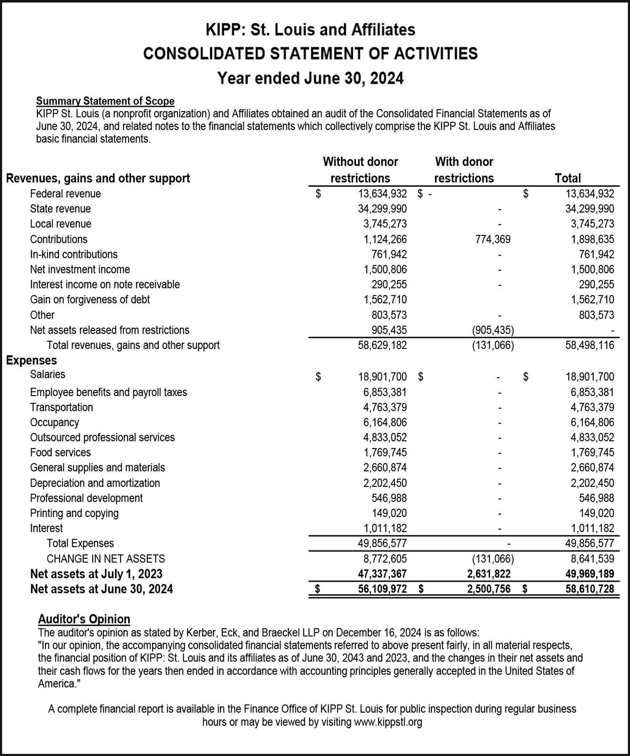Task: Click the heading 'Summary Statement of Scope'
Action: click(105, 101)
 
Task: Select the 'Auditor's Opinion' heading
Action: click(84, 619)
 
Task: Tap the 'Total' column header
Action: click(567, 178)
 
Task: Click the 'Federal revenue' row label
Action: click(65, 194)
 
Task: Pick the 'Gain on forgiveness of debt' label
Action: click(89, 299)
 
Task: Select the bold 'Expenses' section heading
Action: click(31, 360)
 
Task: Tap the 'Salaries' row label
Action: click(47, 374)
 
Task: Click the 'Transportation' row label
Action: click(61, 407)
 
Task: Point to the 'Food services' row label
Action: click(60, 452)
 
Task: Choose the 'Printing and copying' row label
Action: click(74, 513)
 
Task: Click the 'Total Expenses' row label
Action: click(80, 543)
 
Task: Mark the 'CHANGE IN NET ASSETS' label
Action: click(105, 559)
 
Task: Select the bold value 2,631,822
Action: click(489, 574)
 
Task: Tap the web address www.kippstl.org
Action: click(388, 722)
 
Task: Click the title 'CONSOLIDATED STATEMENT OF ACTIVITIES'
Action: click(310, 54)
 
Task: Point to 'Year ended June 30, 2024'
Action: click(310, 78)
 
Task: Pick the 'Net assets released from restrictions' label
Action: click(110, 330)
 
